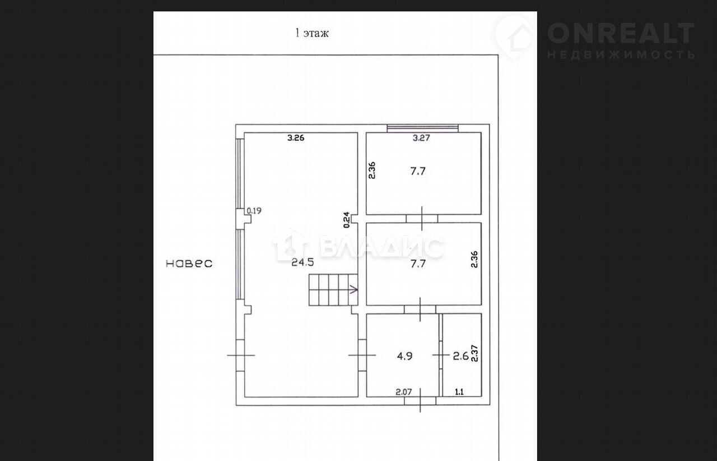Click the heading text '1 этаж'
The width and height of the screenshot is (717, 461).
312,33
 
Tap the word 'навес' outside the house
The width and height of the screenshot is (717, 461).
189,263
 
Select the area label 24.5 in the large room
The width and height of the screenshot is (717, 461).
302,262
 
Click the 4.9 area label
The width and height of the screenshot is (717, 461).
404,356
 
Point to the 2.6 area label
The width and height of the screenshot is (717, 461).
460,356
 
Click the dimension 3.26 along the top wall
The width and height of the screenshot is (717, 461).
296,138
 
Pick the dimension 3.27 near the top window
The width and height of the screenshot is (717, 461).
421,138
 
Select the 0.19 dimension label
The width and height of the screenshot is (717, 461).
254,211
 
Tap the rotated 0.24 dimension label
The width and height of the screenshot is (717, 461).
346,220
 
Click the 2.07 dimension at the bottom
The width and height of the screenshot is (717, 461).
404,392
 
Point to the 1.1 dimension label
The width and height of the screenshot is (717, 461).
459,392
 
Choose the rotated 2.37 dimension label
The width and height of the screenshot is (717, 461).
474,353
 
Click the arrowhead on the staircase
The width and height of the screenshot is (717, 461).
355,289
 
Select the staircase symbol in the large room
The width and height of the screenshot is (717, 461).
333,289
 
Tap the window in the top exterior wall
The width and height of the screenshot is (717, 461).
422,128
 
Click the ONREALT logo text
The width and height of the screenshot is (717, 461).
621,33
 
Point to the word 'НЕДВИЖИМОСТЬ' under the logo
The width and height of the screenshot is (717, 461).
621,55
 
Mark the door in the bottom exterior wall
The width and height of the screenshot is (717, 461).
420,401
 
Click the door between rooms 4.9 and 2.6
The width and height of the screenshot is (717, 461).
441,355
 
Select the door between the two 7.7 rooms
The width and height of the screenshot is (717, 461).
422,219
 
